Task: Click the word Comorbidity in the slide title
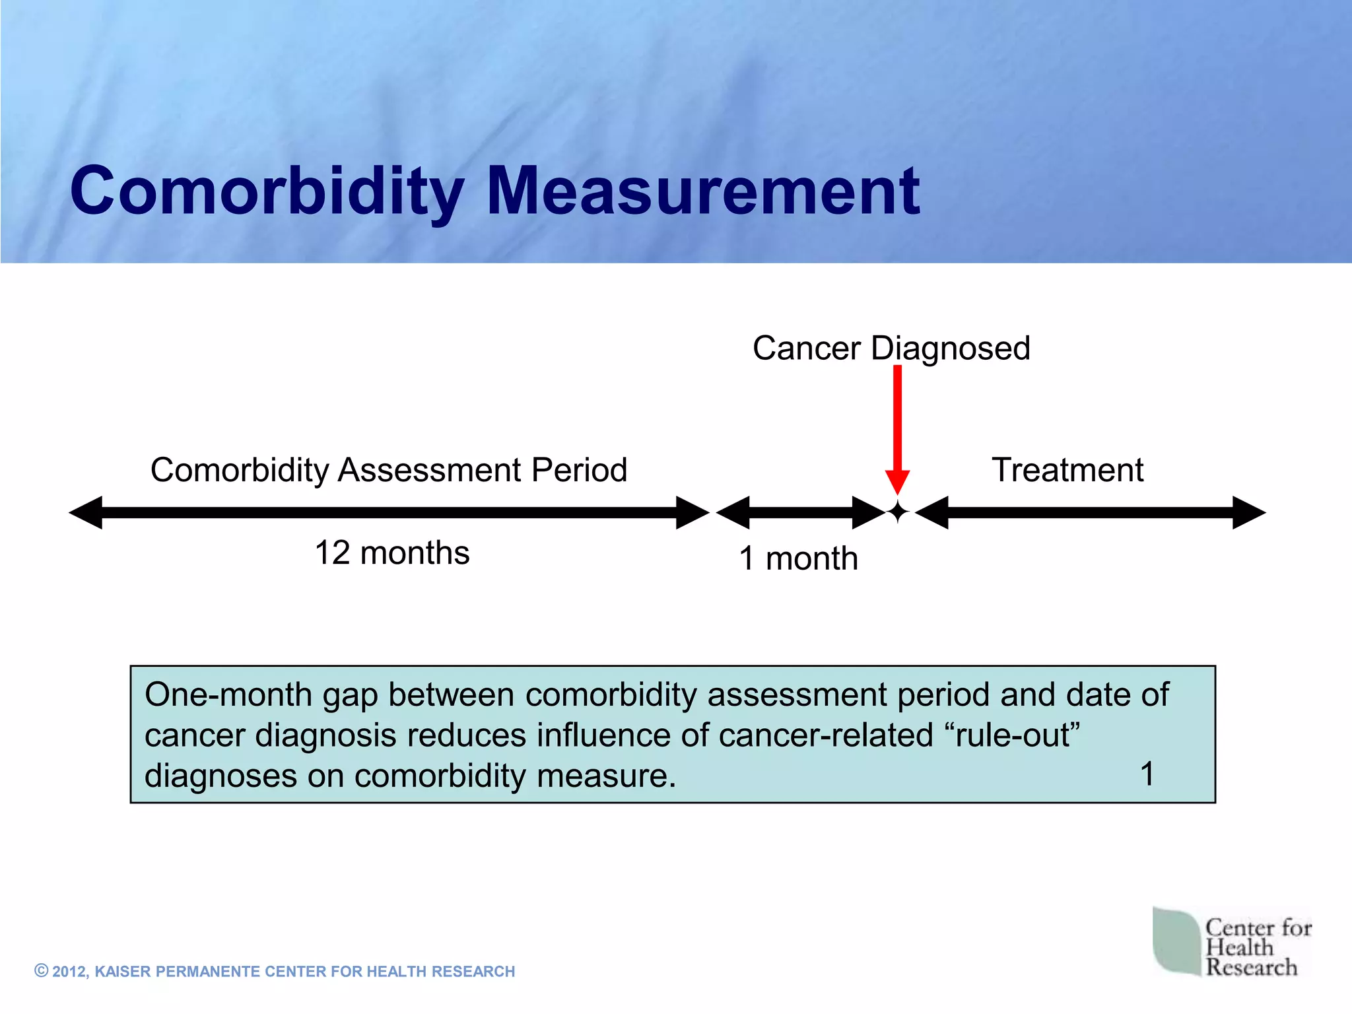pyautogui.click(x=267, y=191)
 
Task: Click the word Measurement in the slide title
pyautogui.click(x=703, y=191)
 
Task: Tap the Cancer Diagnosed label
pyautogui.click(x=891, y=348)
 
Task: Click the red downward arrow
pyautogui.click(x=897, y=429)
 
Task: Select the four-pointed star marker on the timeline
pyautogui.click(x=898, y=512)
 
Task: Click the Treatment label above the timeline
pyautogui.click(x=1067, y=470)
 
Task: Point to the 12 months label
pyautogui.click(x=392, y=553)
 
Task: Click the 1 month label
pyautogui.click(x=799, y=558)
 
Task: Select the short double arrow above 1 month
pyautogui.click(x=800, y=513)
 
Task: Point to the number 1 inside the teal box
pyautogui.click(x=1147, y=774)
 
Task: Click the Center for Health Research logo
pyautogui.click(x=1232, y=943)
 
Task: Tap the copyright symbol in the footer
pyautogui.click(x=42, y=970)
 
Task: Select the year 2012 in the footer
pyautogui.click(x=69, y=972)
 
